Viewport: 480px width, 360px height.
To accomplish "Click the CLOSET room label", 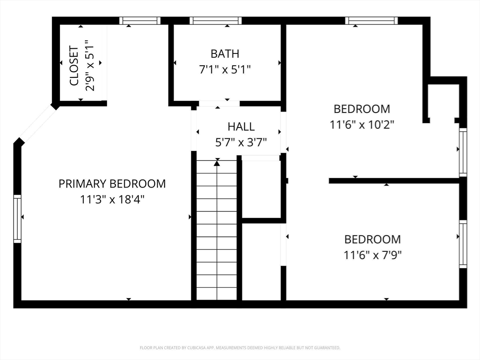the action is coord(74,66).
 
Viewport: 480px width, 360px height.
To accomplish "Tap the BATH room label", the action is coord(225,54).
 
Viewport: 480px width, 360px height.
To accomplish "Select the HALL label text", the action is coord(241,127).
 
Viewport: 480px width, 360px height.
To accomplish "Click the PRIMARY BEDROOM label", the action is coord(112,184).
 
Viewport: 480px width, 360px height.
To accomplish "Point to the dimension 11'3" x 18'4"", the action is coord(112,200).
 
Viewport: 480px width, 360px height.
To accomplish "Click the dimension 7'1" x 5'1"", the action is coord(225,69).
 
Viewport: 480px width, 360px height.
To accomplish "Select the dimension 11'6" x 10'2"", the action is coord(362,125).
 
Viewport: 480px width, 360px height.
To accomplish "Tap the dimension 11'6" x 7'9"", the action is coord(373,255).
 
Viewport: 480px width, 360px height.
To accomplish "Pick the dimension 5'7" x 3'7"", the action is coord(241,142).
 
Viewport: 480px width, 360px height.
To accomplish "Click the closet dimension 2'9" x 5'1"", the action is coord(90,66).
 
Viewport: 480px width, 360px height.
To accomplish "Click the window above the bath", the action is coord(216,21).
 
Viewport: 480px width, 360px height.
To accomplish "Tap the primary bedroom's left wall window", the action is coord(17,219).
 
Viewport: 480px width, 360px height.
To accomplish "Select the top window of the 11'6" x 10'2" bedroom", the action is coord(371,21).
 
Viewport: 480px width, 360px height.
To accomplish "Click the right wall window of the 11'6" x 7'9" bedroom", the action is coord(463,244).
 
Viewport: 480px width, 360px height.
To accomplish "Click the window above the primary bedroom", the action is coord(140,21).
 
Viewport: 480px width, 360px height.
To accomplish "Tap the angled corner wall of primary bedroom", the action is coord(37,124).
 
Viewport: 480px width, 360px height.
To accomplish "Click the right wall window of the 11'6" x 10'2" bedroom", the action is coord(463,152).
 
